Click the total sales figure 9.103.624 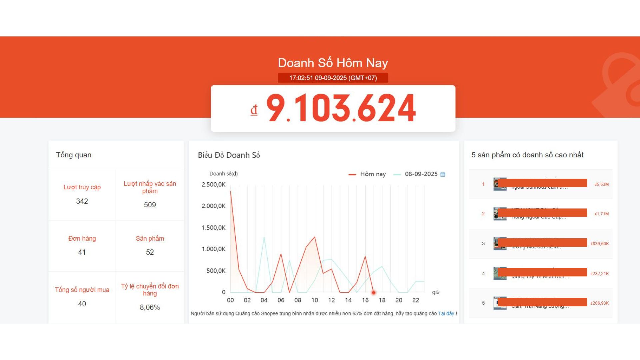pyautogui.click(x=341, y=108)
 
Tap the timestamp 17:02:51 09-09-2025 pyautogui.click(x=333, y=78)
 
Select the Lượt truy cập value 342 pyautogui.click(x=82, y=201)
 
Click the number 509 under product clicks pyautogui.click(x=150, y=205)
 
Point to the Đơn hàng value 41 pyautogui.click(x=82, y=252)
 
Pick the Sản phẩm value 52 pyautogui.click(x=150, y=252)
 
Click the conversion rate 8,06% pyautogui.click(x=150, y=307)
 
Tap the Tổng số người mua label pyautogui.click(x=82, y=290)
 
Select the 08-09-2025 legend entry pyautogui.click(x=421, y=174)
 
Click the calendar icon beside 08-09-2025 pyautogui.click(x=443, y=174)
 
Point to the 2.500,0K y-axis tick pyautogui.click(x=213, y=185)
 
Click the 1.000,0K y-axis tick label pyautogui.click(x=213, y=249)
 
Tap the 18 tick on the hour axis pyautogui.click(x=382, y=300)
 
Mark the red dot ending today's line pyautogui.click(x=374, y=293)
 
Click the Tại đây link pyautogui.click(x=446, y=314)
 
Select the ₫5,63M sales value pyautogui.click(x=602, y=184)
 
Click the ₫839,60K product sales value pyautogui.click(x=600, y=244)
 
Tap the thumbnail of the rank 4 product pyautogui.click(x=500, y=273)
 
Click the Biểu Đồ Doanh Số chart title pyautogui.click(x=229, y=155)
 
